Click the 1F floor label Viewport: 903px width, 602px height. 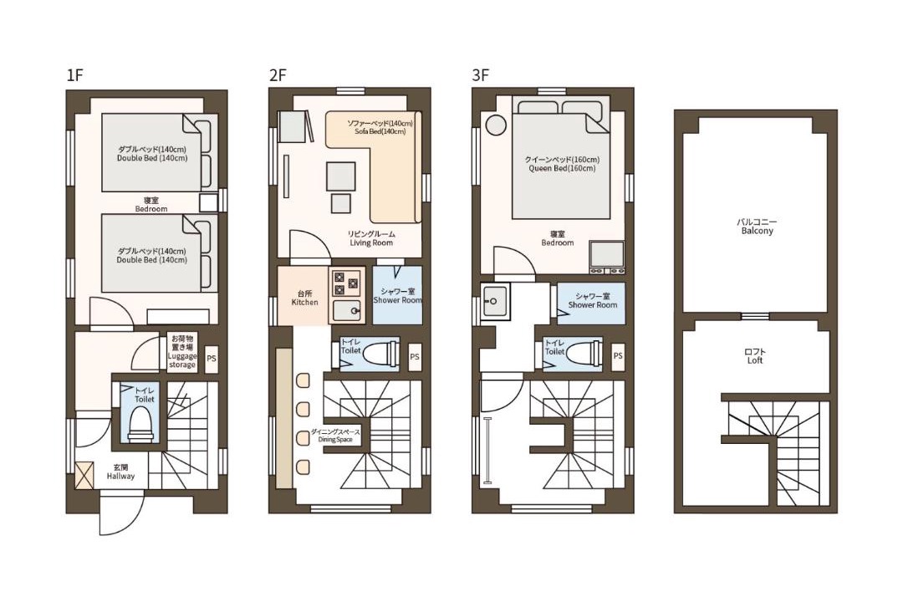coord(75,75)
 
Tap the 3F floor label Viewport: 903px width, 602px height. coord(480,75)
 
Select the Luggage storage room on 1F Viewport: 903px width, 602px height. coord(182,351)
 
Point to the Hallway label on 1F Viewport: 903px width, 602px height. coord(120,472)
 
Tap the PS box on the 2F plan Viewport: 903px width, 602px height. coord(415,357)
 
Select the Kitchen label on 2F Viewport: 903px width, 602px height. coord(304,298)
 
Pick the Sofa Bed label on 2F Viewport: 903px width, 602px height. coord(380,127)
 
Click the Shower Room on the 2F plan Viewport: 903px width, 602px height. coord(397,295)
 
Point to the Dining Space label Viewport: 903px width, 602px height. coord(335,436)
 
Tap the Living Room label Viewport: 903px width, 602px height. coord(371,238)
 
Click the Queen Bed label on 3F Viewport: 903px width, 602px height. coord(562,164)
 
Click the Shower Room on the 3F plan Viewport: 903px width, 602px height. coord(591,304)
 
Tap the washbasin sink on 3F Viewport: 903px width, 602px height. coord(495,301)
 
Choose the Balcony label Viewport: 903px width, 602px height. coord(758,227)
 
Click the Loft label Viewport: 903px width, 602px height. coord(754,356)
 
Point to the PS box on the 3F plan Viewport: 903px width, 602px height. coord(618,356)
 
